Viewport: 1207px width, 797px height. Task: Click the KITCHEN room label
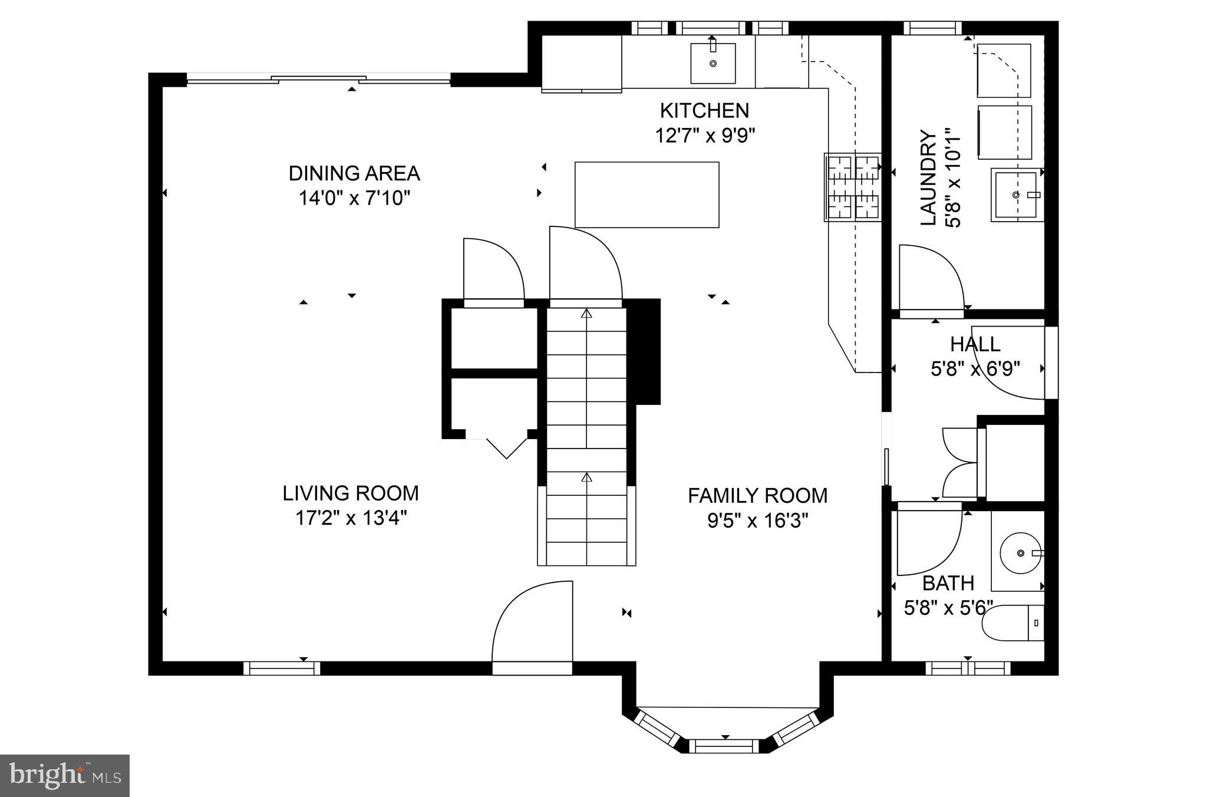point(704,111)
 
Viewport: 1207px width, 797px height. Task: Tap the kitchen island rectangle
point(647,195)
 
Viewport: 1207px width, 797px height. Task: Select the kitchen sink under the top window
point(713,63)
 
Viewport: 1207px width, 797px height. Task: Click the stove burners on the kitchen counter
point(853,187)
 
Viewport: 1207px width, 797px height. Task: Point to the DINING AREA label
point(354,173)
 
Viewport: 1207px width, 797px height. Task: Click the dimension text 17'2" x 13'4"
point(351,519)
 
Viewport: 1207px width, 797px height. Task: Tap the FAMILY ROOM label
point(757,496)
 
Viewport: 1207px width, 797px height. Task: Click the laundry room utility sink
point(1015,195)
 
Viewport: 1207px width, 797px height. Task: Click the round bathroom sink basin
point(1021,553)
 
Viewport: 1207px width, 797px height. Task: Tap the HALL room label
point(975,344)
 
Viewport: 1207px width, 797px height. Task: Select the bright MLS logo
point(64,775)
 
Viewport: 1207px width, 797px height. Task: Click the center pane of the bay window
point(724,746)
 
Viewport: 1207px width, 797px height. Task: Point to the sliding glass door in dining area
point(319,78)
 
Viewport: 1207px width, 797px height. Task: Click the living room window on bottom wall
point(282,668)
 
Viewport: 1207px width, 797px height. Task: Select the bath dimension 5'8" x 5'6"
point(948,608)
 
